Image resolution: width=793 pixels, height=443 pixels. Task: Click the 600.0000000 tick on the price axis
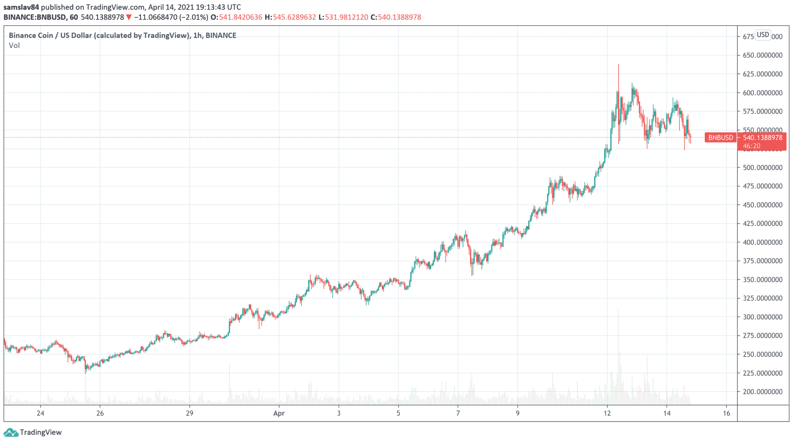(x=762, y=93)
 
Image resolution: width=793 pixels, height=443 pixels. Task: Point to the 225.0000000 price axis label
(x=762, y=373)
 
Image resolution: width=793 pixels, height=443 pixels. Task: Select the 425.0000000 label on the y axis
(x=762, y=224)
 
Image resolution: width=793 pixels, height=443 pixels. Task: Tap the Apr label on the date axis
(x=279, y=414)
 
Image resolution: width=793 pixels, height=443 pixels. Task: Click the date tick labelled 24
(x=40, y=414)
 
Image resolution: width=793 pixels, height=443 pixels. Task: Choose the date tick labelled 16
(x=726, y=414)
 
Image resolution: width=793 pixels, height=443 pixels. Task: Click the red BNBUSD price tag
(x=721, y=138)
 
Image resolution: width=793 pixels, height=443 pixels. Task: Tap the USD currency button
(x=763, y=35)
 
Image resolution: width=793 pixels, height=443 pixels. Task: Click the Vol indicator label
(x=14, y=46)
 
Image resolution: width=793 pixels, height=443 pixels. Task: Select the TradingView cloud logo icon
(x=11, y=432)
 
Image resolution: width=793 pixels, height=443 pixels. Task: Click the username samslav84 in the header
(x=21, y=7)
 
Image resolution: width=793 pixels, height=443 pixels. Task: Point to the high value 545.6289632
(x=294, y=17)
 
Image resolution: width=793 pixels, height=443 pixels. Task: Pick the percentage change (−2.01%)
(x=195, y=17)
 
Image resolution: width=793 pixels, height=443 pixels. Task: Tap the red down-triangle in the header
(x=129, y=17)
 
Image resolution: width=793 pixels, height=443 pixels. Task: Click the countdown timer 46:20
(x=752, y=146)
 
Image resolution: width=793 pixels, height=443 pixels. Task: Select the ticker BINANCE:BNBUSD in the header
(x=35, y=17)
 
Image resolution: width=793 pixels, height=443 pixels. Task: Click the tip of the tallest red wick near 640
(x=618, y=64)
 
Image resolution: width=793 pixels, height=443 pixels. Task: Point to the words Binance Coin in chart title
(x=31, y=36)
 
